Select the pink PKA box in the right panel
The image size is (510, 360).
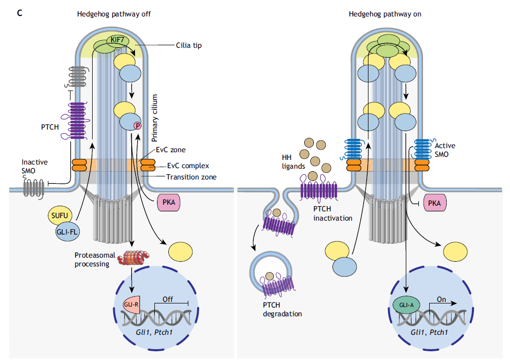[435, 203]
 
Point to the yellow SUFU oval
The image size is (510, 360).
[60, 215]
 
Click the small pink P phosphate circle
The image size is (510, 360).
[137, 125]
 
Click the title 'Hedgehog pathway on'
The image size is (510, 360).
[385, 14]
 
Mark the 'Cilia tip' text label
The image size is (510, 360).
[188, 45]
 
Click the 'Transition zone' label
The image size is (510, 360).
[190, 177]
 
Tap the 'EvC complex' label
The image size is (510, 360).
[187, 166]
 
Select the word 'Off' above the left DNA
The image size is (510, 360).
[168, 299]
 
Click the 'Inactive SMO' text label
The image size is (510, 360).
[34, 166]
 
